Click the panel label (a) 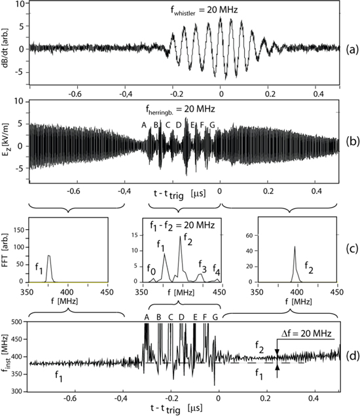[x=351, y=49]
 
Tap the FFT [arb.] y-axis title [x=7, y=251]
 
